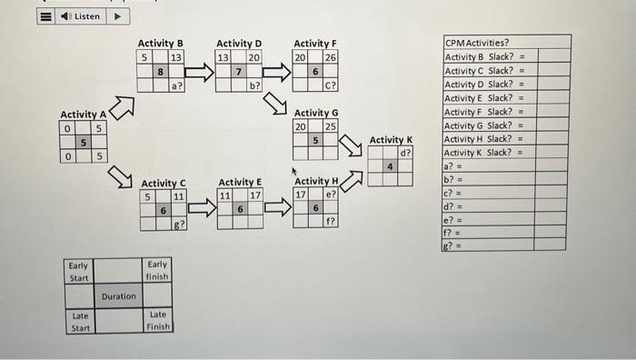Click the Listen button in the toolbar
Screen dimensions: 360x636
click(x=83, y=16)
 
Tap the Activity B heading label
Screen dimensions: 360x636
click(x=160, y=43)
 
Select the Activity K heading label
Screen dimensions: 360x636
click(x=391, y=139)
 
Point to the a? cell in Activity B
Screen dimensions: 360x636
click(x=177, y=85)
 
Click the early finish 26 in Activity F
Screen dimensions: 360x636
click(x=331, y=57)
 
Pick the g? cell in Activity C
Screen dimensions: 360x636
click(x=178, y=224)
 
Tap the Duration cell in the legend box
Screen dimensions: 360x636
click(x=118, y=296)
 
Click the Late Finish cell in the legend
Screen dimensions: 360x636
click(x=158, y=321)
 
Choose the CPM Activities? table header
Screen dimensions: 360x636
click(x=477, y=42)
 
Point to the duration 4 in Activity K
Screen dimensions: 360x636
click(x=391, y=166)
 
